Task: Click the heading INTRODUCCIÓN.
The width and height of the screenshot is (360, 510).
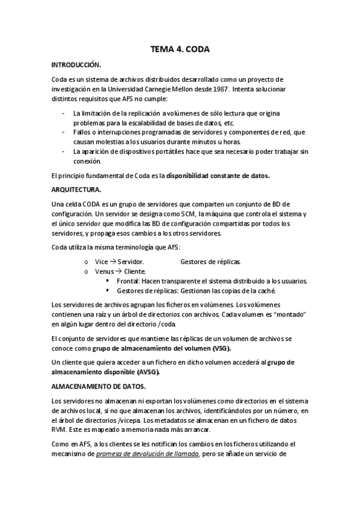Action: (76, 64)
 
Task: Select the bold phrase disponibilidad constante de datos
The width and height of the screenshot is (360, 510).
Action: (218, 176)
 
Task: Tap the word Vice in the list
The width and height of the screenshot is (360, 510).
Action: (101, 262)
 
